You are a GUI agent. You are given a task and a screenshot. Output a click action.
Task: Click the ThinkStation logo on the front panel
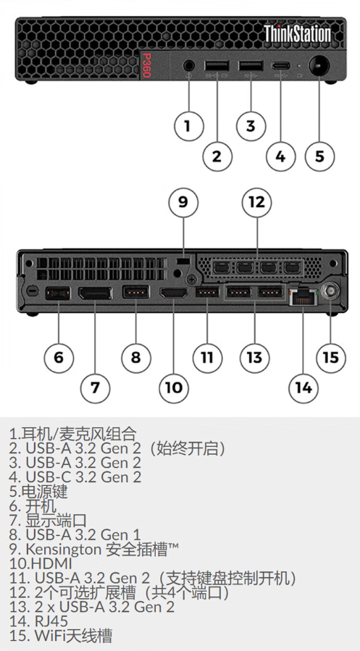click(297, 34)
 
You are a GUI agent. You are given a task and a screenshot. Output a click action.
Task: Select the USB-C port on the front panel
click(281, 67)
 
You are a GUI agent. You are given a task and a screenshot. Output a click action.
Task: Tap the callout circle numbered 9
click(183, 202)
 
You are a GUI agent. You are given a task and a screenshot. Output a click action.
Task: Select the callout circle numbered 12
click(256, 202)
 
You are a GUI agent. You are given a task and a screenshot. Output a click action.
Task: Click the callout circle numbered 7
click(95, 387)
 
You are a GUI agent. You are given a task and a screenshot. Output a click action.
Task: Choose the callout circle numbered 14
click(303, 387)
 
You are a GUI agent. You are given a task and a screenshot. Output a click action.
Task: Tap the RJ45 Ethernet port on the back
click(301, 295)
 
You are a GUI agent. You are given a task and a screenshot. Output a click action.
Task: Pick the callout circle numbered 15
click(330, 356)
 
